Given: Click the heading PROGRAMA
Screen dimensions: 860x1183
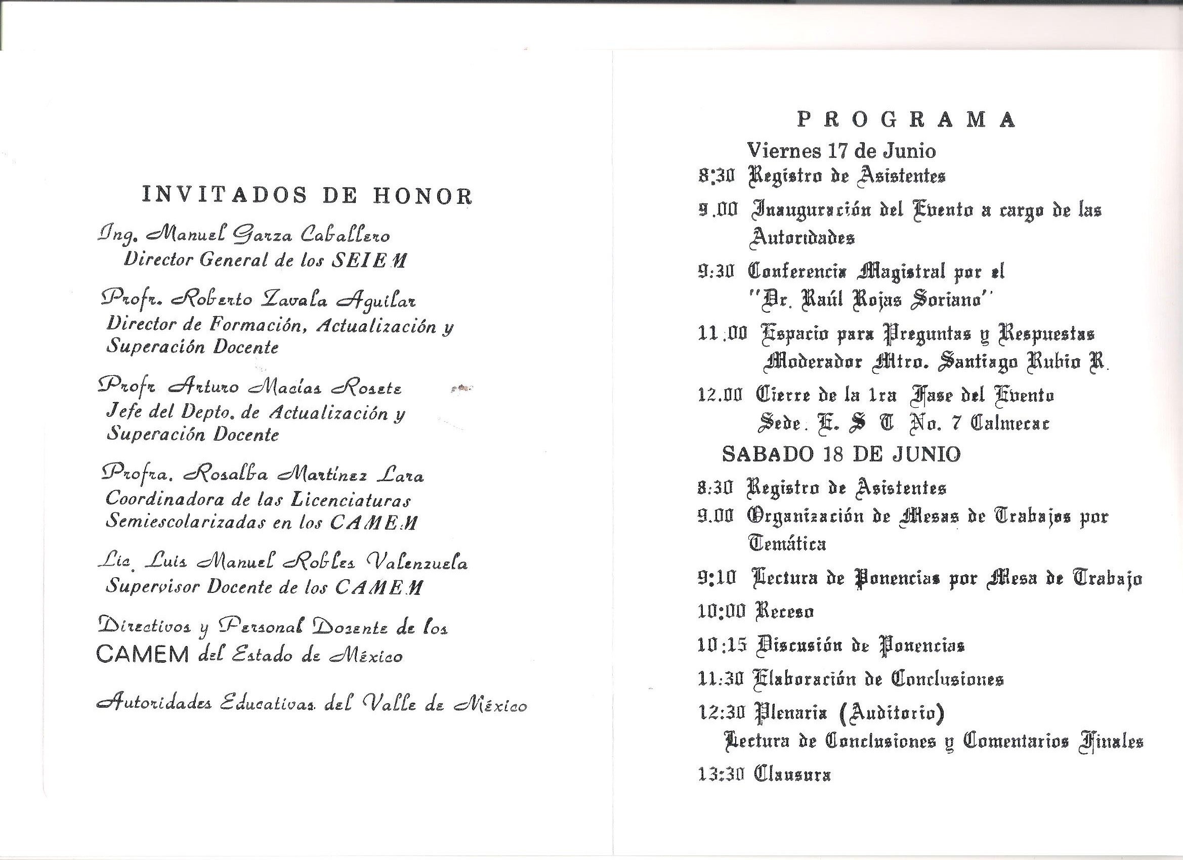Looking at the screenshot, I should (907, 120).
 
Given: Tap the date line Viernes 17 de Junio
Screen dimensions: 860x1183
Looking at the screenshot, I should (841, 151).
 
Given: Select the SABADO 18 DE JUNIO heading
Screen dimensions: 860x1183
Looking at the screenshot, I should (841, 454).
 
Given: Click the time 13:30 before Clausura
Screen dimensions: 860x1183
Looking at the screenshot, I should (721, 775).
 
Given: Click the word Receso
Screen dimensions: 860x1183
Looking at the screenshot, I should (785, 611).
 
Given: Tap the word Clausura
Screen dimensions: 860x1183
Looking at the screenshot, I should (792, 775).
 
